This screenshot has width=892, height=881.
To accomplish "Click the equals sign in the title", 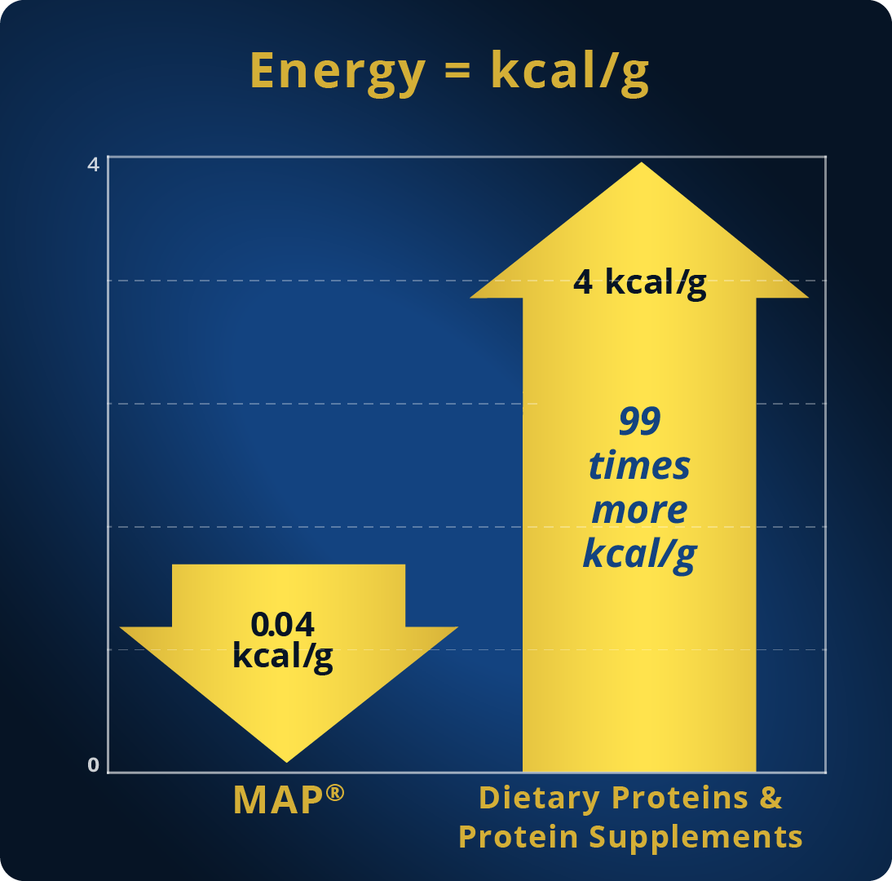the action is click(x=458, y=71).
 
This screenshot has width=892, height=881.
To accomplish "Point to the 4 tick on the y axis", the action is click(x=93, y=165).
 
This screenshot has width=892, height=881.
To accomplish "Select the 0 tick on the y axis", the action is click(x=93, y=765).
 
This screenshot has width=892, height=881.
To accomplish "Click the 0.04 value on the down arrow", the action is click(x=283, y=624).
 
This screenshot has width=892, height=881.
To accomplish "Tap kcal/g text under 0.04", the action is click(x=283, y=656).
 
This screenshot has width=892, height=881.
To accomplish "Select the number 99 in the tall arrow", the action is click(x=640, y=421).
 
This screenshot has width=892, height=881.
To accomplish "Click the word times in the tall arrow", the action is click(x=639, y=466).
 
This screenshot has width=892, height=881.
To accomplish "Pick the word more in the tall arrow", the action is click(x=639, y=510).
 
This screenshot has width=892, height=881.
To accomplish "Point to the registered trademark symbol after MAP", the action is click(x=336, y=793).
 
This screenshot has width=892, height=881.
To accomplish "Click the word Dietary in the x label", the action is click(x=539, y=798).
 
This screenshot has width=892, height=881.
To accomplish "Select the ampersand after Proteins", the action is click(x=771, y=797).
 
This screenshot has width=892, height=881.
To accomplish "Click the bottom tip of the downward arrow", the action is click(x=287, y=762).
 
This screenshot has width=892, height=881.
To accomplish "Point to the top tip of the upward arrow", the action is click(x=642, y=163).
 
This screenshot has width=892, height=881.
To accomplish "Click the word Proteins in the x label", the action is click(x=680, y=797).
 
